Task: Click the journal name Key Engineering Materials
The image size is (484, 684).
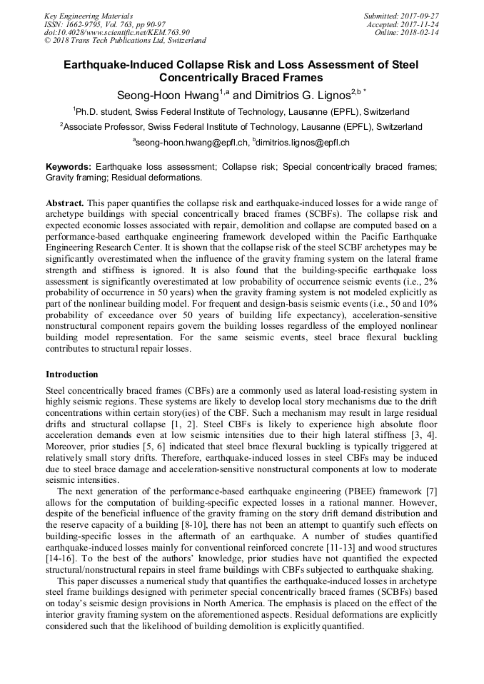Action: (x=88, y=15)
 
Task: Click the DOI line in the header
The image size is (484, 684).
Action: (x=117, y=32)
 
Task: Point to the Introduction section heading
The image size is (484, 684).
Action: (x=72, y=374)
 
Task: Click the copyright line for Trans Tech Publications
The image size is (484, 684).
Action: (x=126, y=41)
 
